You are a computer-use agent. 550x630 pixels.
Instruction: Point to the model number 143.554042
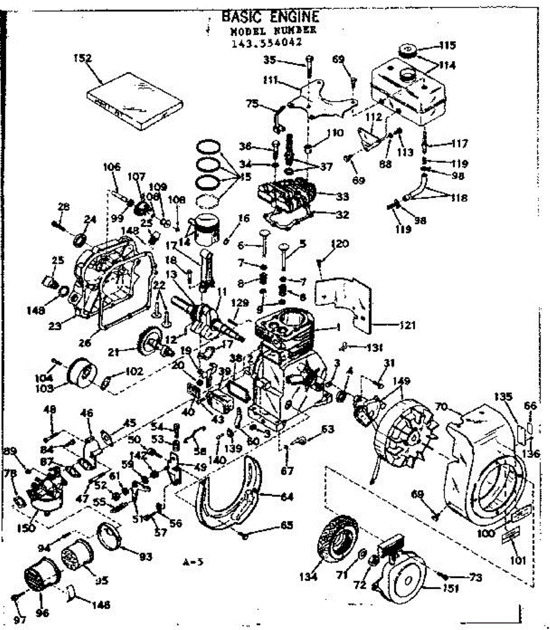coord(266,44)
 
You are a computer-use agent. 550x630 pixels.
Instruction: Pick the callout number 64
coord(287,497)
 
